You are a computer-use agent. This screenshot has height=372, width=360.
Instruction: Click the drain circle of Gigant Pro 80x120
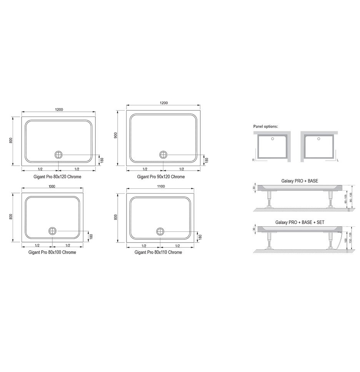tap(58, 155)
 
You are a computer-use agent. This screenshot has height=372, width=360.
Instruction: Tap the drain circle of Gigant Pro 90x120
tap(163, 155)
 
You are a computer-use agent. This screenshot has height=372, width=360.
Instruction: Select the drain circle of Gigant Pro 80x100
tap(52, 231)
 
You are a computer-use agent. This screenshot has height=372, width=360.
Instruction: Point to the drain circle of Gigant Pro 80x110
tap(160, 231)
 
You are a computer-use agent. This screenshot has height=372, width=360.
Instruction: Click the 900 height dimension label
tap(116, 136)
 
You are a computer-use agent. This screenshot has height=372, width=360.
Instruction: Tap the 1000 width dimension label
tap(52, 186)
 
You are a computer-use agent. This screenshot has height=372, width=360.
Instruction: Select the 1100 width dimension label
tap(161, 186)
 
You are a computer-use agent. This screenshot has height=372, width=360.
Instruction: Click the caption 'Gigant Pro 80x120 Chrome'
tap(57, 177)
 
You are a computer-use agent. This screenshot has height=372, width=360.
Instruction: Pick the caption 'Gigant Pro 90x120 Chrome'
tap(161, 177)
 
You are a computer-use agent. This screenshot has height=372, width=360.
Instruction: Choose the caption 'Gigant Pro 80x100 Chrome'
tap(52, 252)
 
